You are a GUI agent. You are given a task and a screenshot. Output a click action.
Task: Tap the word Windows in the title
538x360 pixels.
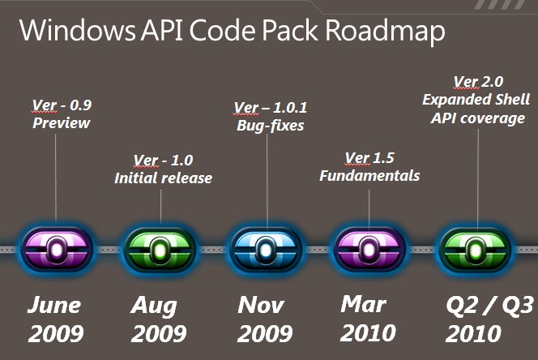pos(78,30)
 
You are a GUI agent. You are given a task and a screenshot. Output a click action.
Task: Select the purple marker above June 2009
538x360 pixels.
pos(57,249)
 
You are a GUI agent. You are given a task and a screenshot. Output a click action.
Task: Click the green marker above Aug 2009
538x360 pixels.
pos(160,250)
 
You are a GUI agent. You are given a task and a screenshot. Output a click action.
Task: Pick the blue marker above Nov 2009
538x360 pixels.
pos(265,250)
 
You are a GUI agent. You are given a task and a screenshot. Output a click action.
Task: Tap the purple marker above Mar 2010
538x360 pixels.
pos(369,249)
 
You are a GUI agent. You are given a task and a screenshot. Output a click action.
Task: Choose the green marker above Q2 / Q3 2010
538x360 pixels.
pos(476,250)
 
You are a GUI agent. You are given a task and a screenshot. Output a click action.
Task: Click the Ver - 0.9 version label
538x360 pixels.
pos(62,105)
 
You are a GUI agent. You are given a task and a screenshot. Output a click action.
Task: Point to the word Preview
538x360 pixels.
pos(62,123)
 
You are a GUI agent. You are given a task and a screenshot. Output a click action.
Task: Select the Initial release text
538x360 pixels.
pos(164,178)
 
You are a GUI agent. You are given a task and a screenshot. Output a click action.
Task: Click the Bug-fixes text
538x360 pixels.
pos(271,126)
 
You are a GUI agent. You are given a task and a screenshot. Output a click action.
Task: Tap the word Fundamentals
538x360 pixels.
pos(369,175)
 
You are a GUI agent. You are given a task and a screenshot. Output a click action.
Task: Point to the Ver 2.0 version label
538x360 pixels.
pos(478,82)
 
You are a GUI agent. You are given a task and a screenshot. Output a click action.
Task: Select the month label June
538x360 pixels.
pos(53,305)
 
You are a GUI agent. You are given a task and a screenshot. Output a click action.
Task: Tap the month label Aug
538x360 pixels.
pos(154,306)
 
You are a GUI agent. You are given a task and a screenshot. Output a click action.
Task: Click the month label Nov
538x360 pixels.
pos(261,305)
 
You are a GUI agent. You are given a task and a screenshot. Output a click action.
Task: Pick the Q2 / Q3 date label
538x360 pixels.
pos(489,306)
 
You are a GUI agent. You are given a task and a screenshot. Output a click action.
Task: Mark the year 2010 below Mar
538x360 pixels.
pos(368,333)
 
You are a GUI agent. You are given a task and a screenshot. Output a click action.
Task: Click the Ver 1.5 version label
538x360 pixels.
pos(369,158)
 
